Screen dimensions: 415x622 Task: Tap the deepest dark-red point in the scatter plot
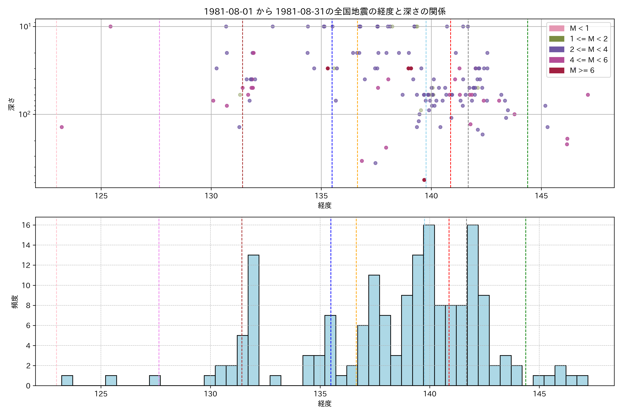click(x=424, y=180)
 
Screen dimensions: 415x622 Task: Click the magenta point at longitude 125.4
click(x=111, y=26)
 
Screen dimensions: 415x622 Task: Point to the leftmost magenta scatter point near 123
click(x=62, y=127)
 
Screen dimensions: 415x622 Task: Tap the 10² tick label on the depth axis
click(x=25, y=114)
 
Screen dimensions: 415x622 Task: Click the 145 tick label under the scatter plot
click(x=541, y=196)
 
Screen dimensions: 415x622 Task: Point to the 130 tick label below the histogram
click(x=210, y=394)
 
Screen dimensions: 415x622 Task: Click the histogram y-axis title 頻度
click(x=15, y=302)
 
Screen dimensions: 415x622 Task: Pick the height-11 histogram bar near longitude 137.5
click(x=374, y=330)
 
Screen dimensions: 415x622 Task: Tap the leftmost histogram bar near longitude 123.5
click(x=67, y=381)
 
